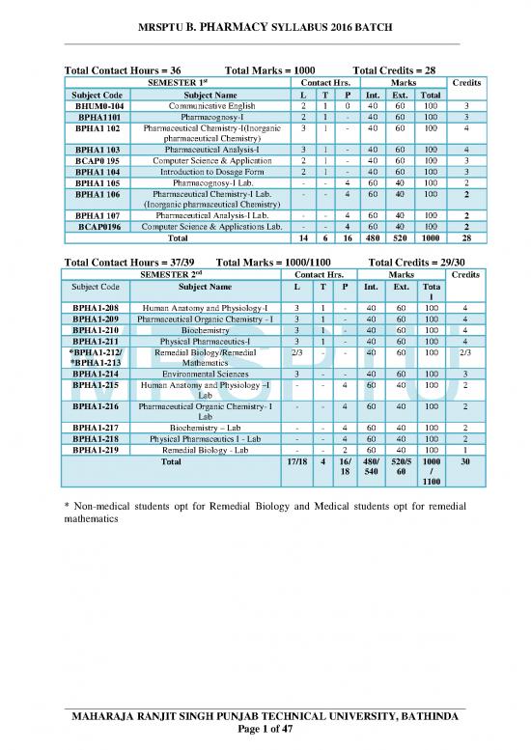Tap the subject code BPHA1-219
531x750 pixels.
click(x=97, y=449)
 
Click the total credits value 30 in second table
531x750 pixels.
click(x=466, y=461)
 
